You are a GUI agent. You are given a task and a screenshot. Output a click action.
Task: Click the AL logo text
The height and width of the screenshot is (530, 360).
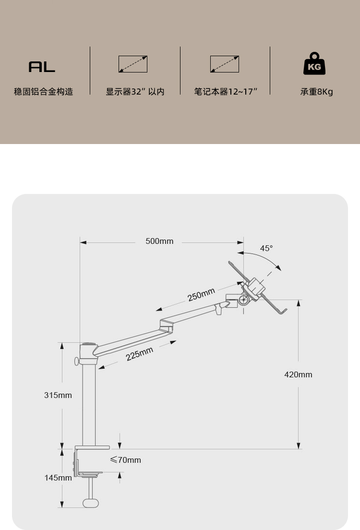(x=42, y=67)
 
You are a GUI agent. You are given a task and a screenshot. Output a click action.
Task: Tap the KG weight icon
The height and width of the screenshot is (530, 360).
(x=314, y=65)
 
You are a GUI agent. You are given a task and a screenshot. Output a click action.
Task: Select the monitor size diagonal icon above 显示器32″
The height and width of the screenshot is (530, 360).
(x=133, y=64)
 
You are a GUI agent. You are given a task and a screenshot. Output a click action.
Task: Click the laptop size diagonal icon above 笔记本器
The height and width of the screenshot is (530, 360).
(x=225, y=64)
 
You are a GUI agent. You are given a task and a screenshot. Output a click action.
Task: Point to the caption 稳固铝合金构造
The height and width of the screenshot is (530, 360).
(x=44, y=92)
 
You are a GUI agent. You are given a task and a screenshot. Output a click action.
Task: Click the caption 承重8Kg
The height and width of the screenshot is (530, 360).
(x=317, y=92)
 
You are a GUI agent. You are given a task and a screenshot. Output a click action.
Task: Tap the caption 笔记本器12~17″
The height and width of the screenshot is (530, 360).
(x=226, y=92)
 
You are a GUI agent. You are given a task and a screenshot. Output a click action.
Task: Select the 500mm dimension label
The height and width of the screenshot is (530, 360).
(x=159, y=241)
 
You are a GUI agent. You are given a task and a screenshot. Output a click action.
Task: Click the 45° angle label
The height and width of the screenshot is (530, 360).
(x=266, y=248)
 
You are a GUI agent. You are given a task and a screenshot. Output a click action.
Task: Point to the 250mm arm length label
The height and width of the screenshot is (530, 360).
(x=201, y=294)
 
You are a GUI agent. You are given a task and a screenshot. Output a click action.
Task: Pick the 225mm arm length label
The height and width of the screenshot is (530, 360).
(x=140, y=354)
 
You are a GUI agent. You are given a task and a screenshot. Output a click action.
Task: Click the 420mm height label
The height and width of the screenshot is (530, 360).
(x=298, y=374)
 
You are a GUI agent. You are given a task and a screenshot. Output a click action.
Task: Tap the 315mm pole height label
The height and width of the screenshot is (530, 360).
(x=58, y=395)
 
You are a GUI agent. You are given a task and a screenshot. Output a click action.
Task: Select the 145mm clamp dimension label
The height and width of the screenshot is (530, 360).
(x=58, y=478)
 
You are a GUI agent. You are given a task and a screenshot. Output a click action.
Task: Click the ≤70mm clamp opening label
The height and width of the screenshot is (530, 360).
(x=126, y=460)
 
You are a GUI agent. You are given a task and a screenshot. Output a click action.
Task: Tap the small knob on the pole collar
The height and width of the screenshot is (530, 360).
(x=76, y=361)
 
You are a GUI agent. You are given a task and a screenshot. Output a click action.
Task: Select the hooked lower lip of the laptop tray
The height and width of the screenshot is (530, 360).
(x=283, y=312)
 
